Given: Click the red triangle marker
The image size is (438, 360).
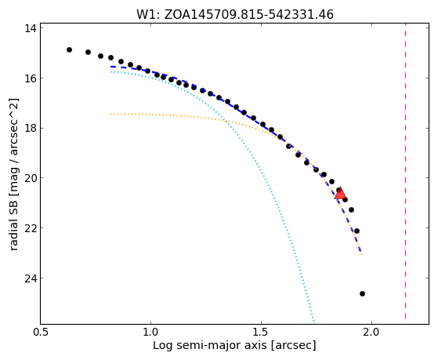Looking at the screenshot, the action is [x=340, y=194].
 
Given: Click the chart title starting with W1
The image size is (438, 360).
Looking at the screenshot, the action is [x=234, y=14].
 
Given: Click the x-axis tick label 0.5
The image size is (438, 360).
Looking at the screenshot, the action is [x=41, y=333].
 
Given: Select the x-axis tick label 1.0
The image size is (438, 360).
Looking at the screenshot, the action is [x=150, y=333].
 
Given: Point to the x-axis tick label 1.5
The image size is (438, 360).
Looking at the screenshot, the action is [x=261, y=333].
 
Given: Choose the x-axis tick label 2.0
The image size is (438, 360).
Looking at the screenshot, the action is [x=371, y=333].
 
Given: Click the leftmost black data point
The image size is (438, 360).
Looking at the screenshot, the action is [x=69, y=49].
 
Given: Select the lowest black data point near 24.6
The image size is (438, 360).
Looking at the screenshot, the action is [x=362, y=293].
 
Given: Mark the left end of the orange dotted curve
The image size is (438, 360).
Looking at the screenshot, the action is [x=111, y=115].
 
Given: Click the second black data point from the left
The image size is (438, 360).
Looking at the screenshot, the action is [x=88, y=52].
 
